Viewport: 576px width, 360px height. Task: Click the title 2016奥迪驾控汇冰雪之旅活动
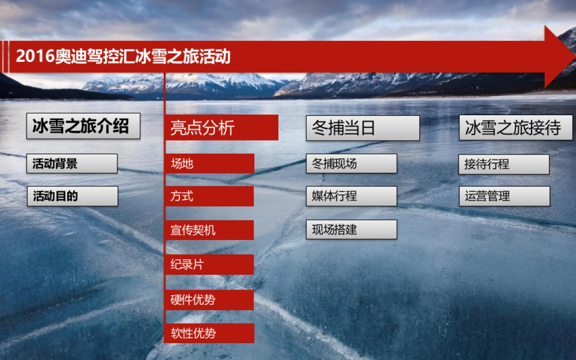(123, 57)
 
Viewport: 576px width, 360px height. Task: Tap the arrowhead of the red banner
(559, 57)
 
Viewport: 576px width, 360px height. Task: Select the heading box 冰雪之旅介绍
(83, 126)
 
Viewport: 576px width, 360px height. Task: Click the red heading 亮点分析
(221, 128)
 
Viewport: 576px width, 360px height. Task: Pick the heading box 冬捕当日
(362, 128)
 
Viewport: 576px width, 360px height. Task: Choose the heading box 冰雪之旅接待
(516, 128)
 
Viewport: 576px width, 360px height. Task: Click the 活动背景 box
(72, 164)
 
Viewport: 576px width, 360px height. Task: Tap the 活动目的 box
(72, 196)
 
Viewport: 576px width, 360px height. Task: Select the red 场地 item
(209, 164)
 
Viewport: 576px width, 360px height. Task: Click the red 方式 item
(209, 196)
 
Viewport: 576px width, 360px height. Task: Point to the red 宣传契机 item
(209, 230)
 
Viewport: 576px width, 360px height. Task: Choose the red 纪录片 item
(209, 264)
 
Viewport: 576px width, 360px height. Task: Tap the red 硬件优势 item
(209, 300)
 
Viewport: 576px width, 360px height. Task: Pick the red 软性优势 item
(209, 333)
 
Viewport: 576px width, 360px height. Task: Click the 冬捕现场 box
(351, 164)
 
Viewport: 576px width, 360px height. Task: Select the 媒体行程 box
(351, 196)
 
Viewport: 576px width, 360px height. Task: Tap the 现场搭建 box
(351, 229)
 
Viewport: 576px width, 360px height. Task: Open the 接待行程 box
(504, 164)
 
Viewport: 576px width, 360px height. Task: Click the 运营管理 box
(504, 196)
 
